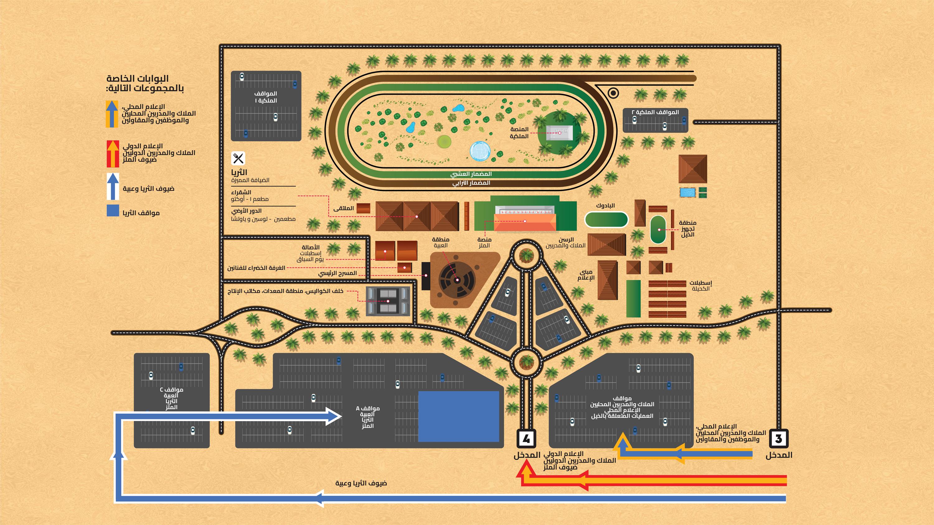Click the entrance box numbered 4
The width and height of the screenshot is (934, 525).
tap(526, 439)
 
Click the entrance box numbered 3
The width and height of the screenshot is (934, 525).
tap(778, 439)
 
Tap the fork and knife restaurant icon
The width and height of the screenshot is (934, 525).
tap(238, 158)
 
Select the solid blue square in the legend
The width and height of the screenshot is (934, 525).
tap(113, 211)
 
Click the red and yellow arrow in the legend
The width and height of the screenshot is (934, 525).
tap(113, 154)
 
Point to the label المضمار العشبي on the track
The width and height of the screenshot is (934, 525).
tap(471, 174)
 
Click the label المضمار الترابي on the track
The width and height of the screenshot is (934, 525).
tap(471, 183)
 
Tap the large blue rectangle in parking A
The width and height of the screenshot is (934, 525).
tap(458, 416)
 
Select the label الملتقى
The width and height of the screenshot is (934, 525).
tap(343, 208)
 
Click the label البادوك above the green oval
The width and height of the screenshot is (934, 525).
tap(605, 206)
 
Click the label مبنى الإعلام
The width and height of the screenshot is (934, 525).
tap(586, 275)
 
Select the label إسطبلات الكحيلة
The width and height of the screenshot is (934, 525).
tap(700, 286)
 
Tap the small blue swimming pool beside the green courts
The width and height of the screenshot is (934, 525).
tap(687, 192)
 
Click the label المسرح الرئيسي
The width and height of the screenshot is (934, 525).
tap(337, 273)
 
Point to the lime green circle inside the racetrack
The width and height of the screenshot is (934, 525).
tap(444, 141)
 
